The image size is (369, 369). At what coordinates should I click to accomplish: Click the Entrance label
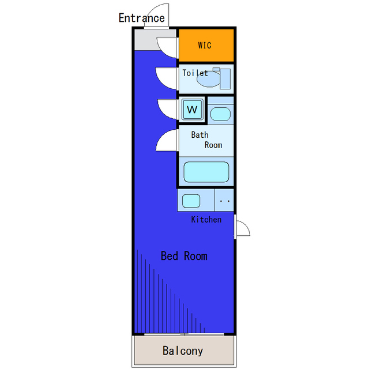pyautogui.click(x=141, y=18)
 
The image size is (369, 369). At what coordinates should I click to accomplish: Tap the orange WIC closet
pyautogui.click(x=206, y=45)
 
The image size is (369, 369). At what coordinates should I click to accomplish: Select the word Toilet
pyautogui.click(x=195, y=73)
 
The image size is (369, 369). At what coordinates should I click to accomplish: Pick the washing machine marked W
pyautogui.click(x=193, y=109)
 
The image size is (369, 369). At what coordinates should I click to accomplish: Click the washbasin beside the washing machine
pyautogui.click(x=220, y=114)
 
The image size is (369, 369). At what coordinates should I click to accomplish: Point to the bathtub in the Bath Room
pyautogui.click(x=206, y=172)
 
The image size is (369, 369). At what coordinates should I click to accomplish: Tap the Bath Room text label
pyautogui.click(x=206, y=140)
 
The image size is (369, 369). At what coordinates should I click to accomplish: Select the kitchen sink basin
pyautogui.click(x=191, y=201)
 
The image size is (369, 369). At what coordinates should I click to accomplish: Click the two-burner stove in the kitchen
pyautogui.click(x=225, y=201)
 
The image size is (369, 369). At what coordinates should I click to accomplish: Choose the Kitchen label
pyautogui.click(x=206, y=220)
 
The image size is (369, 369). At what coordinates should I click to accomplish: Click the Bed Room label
pyautogui.click(x=184, y=256)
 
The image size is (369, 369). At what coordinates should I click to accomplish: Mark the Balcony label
pyautogui.click(x=183, y=351)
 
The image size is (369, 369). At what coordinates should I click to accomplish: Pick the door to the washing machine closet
pyautogui.click(x=167, y=109)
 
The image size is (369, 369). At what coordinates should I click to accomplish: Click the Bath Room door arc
pyautogui.click(x=166, y=140)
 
